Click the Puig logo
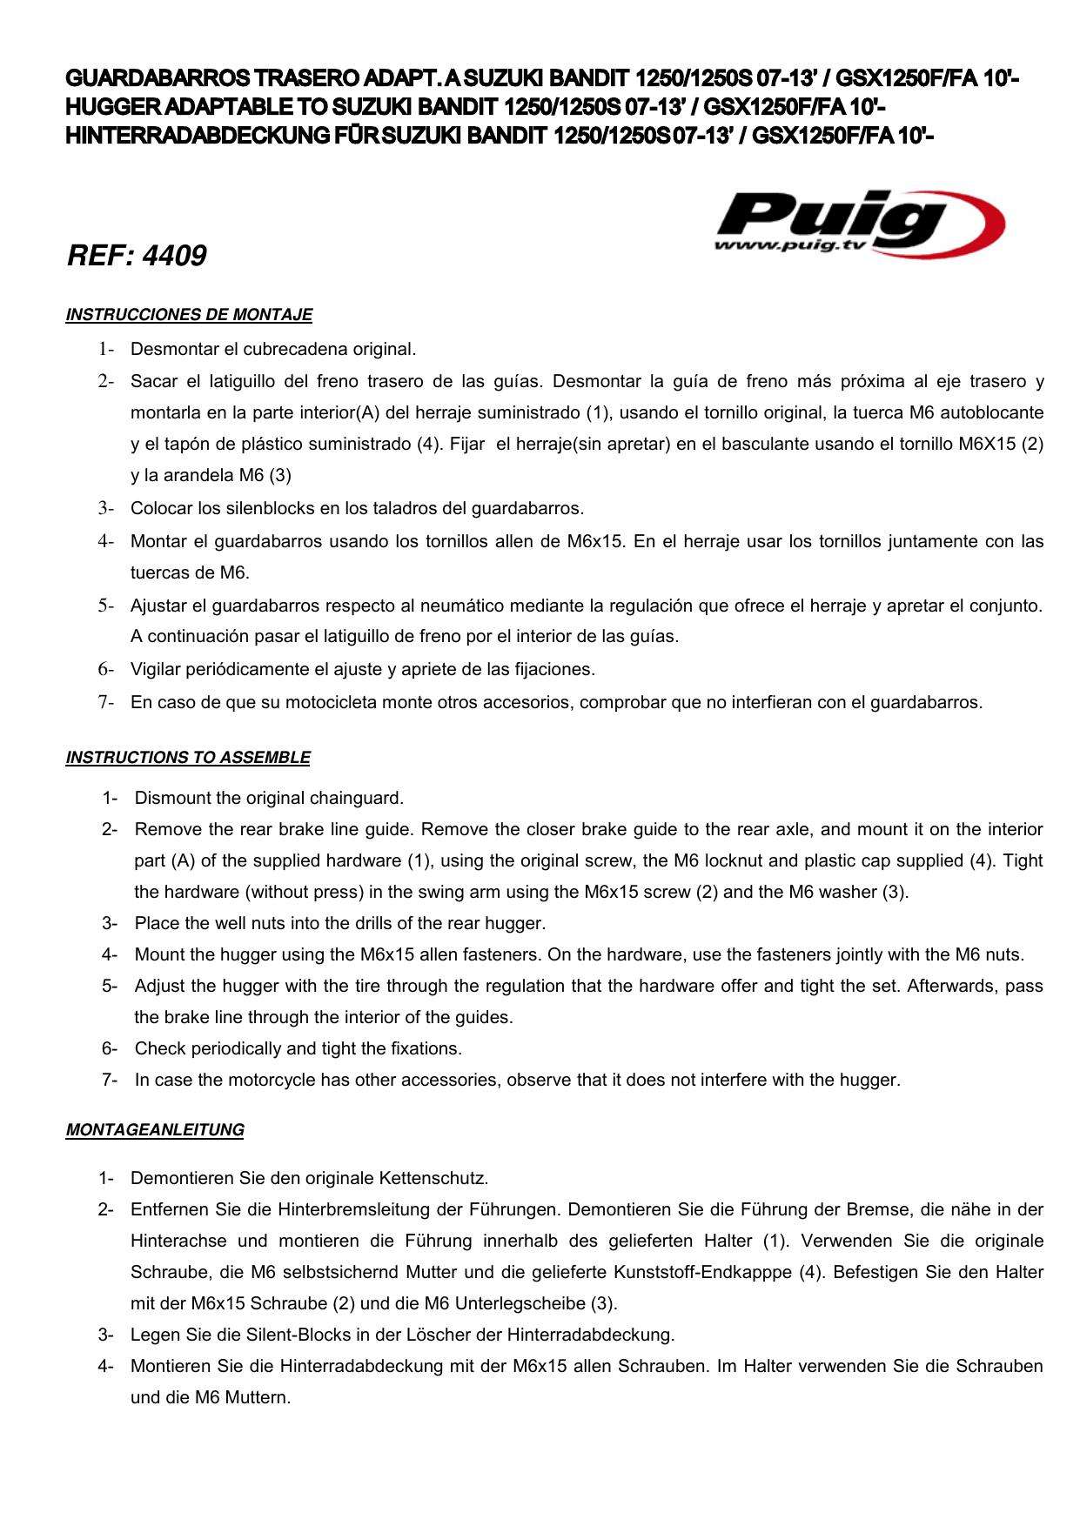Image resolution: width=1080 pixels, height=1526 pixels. point(857,222)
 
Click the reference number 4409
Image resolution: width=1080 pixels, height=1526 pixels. point(137,256)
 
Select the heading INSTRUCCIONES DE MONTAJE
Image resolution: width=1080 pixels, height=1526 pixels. point(189,315)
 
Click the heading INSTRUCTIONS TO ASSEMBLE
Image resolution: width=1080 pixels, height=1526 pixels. point(188,758)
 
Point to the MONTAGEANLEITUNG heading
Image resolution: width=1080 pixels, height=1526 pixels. point(155,1130)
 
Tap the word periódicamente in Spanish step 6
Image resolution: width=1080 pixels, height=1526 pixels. point(238,669)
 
